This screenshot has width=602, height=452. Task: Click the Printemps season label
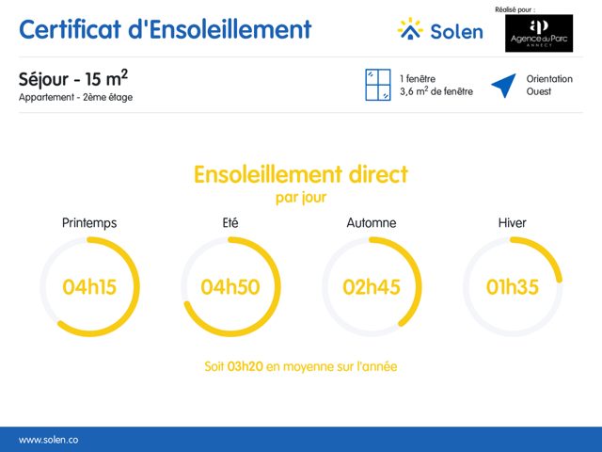coord(89,223)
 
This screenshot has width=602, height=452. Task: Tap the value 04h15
coord(89,287)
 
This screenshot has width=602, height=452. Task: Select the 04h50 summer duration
coord(230,287)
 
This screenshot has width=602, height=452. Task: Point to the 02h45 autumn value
coord(372,287)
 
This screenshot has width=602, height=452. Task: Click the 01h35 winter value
coord(512,287)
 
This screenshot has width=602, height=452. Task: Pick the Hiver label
coord(512,223)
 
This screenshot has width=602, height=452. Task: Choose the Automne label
coord(372,223)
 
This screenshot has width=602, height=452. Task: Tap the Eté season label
coord(230,223)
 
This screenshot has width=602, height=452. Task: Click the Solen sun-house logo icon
coord(410,28)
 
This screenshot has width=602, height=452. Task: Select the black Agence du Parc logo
coord(539,34)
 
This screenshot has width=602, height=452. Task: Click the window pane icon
coord(378,85)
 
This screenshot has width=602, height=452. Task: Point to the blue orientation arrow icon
coord(504,85)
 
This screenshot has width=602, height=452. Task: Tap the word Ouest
coord(539,91)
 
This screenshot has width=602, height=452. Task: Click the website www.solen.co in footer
coord(48,440)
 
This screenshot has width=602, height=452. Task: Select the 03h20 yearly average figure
coord(245,366)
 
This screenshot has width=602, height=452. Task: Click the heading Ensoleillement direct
coord(301,175)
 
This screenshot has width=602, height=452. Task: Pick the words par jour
coord(301,198)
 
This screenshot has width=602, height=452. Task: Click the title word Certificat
coord(71,29)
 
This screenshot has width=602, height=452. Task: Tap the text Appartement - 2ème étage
coord(75,97)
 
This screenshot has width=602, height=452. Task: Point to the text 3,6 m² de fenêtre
coord(436,91)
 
